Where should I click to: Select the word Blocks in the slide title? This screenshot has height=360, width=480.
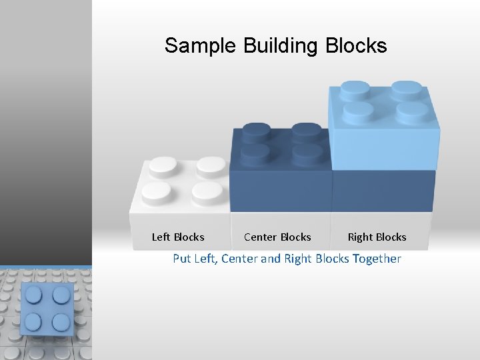tap(356, 46)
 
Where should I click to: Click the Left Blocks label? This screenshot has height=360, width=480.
tap(178, 237)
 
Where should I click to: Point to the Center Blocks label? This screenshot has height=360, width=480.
tap(277, 237)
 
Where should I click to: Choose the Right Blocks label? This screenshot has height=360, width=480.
tap(377, 237)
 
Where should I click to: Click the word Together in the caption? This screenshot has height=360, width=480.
tap(377, 258)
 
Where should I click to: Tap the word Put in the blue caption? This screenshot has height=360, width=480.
tap(182, 258)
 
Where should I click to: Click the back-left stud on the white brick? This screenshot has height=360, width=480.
tap(163, 166)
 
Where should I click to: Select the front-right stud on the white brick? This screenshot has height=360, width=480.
tap(207, 191)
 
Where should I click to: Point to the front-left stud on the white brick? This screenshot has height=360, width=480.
tap(158, 191)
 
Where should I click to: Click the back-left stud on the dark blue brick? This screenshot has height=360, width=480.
tap(257, 132)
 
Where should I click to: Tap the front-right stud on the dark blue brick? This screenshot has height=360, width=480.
tap(307, 154)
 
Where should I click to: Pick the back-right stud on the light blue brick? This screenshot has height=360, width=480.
tap(405, 89)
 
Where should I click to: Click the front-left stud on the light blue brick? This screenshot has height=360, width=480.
tap(357, 110)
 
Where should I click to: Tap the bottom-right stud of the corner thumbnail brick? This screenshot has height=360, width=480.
tap(61, 321)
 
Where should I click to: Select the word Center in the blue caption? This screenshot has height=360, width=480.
tap(239, 258)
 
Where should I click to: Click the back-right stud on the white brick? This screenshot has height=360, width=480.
tap(211, 166)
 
